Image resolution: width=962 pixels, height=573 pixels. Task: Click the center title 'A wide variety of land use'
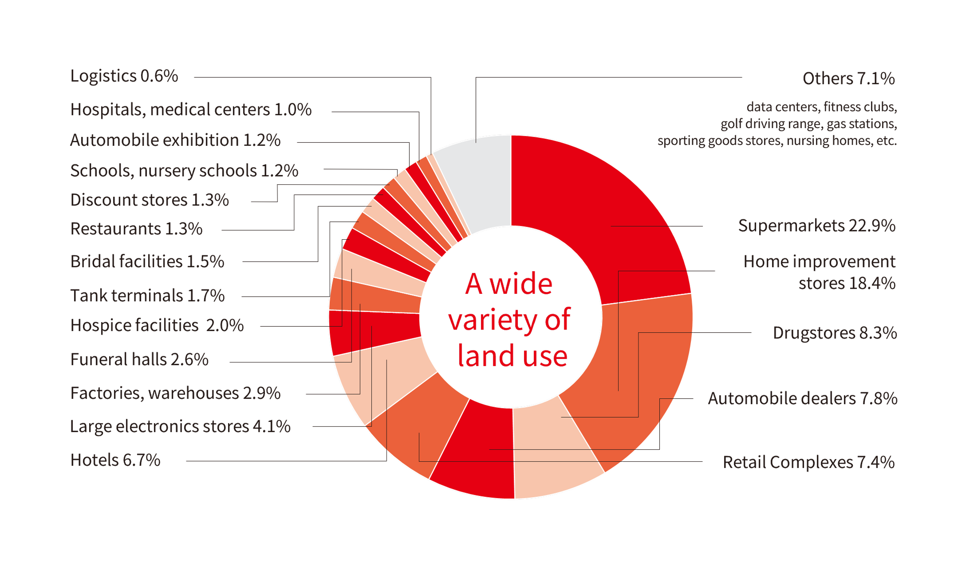tap(510, 319)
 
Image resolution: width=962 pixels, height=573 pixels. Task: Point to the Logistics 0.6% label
tap(124, 76)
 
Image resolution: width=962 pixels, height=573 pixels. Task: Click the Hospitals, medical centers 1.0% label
tap(191, 109)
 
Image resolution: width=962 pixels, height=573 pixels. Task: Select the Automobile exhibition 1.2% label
tap(175, 140)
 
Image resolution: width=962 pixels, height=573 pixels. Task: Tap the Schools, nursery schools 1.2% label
tap(184, 171)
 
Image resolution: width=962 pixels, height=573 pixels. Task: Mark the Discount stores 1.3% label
tap(150, 200)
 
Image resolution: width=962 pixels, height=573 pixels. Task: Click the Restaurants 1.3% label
tap(136, 229)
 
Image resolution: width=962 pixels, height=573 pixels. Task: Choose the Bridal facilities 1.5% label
tap(147, 261)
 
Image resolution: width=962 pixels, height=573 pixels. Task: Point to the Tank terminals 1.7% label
tap(147, 296)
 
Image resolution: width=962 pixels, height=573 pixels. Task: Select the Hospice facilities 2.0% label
tap(157, 325)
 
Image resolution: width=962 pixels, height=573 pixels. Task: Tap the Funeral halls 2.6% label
tap(139, 359)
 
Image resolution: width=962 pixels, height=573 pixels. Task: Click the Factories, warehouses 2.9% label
tap(175, 393)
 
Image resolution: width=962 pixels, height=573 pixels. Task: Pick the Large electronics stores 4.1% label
tap(180, 426)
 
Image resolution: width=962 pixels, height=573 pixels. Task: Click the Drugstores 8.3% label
tap(835, 333)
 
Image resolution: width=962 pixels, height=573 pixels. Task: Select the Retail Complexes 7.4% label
tap(808, 462)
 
